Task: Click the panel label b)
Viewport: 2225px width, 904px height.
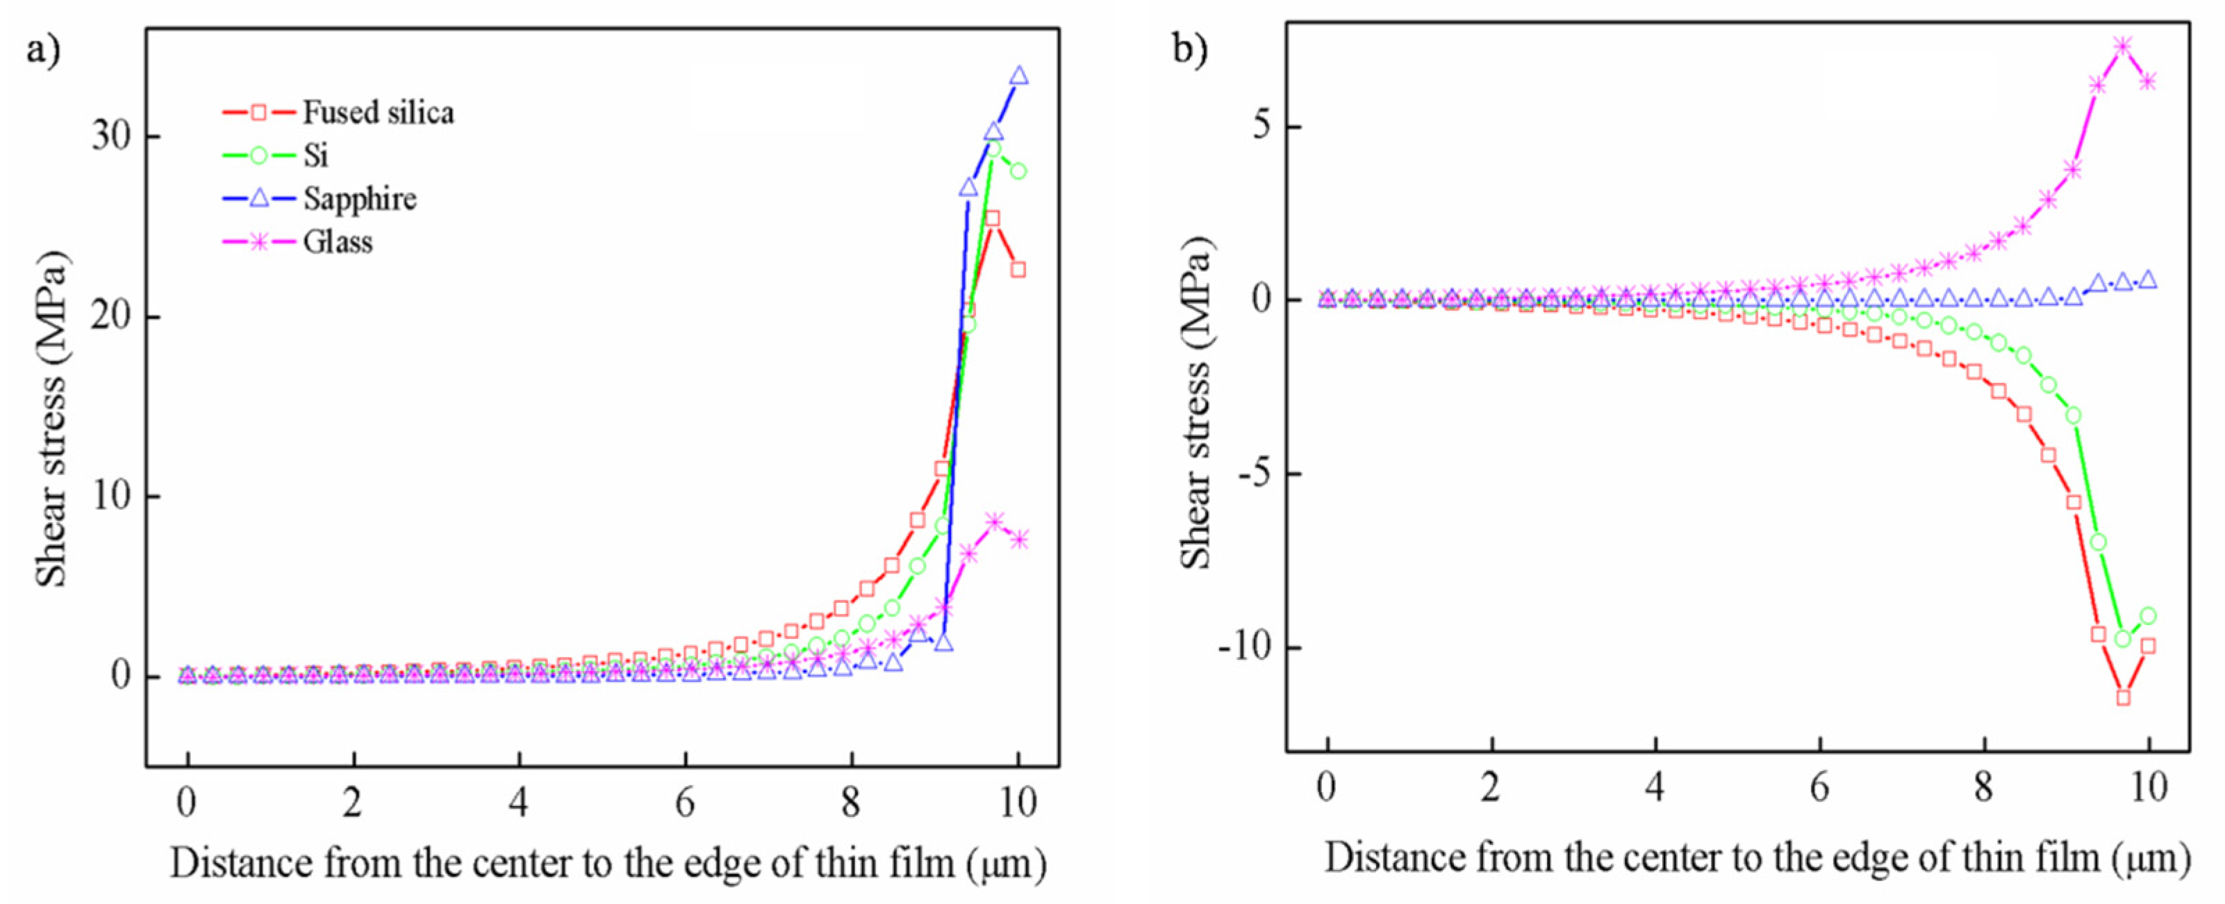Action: [x=1190, y=49]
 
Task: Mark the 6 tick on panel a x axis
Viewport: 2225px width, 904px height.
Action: [x=685, y=803]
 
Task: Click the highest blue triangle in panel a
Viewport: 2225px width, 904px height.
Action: [x=1019, y=76]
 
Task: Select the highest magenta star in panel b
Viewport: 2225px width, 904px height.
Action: [x=2122, y=46]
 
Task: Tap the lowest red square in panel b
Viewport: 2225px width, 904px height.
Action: [x=2123, y=697]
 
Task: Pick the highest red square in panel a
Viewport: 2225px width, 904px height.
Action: [x=993, y=218]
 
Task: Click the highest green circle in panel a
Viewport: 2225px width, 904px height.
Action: [x=994, y=149]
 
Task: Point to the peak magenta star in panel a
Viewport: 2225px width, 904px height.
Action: [x=994, y=521]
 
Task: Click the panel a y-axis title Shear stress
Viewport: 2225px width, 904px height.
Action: [x=52, y=419]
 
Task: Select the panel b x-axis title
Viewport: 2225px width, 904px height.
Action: [x=1757, y=858]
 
